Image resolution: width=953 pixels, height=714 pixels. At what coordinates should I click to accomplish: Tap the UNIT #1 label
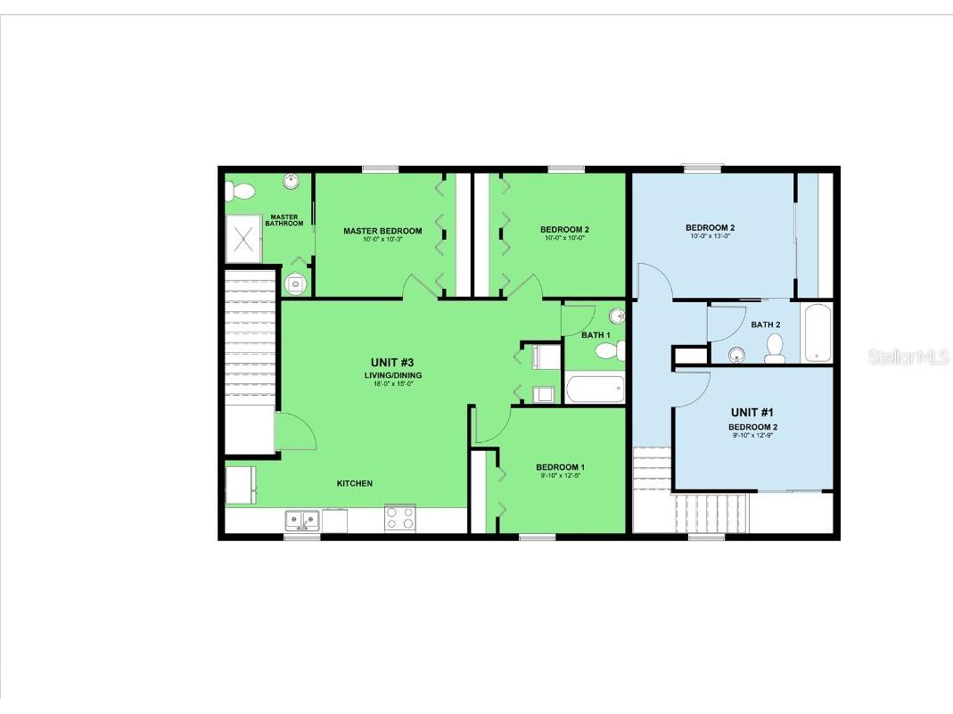(x=752, y=412)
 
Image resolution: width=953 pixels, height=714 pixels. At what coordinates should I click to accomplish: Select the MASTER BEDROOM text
(x=382, y=231)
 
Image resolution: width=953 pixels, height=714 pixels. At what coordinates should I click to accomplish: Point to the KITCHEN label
(x=354, y=483)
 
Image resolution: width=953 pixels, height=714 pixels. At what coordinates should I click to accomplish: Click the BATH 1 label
(x=596, y=335)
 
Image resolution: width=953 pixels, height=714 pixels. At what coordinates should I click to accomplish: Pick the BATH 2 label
(x=765, y=324)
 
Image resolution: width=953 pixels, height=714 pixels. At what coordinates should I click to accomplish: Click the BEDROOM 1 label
(x=560, y=467)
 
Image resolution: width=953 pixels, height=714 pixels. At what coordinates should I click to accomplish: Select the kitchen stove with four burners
(x=399, y=518)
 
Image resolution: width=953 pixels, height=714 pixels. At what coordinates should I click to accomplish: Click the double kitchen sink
(x=302, y=519)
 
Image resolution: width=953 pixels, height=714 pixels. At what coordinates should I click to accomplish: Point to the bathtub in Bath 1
(x=595, y=389)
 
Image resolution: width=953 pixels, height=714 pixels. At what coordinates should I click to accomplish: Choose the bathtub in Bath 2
(x=817, y=332)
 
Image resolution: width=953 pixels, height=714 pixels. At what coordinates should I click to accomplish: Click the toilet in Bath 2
(x=774, y=349)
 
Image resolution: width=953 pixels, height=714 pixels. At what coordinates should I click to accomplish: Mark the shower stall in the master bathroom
(x=243, y=239)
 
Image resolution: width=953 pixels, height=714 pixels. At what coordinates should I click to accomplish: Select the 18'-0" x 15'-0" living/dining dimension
(x=393, y=385)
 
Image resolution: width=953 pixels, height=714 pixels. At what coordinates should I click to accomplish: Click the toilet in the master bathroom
(x=239, y=191)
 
